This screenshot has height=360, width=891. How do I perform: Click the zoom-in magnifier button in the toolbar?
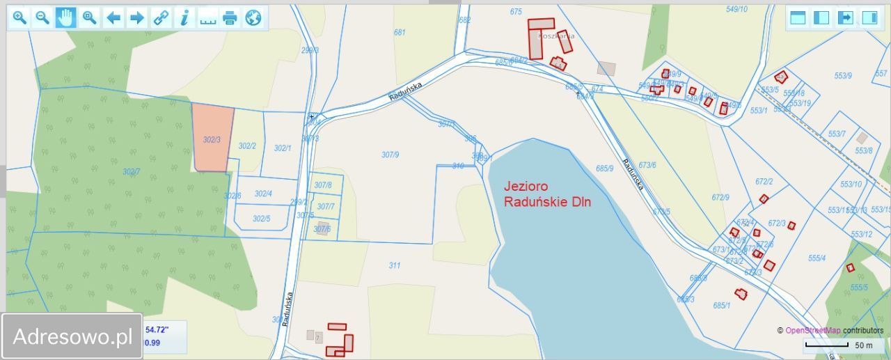19,18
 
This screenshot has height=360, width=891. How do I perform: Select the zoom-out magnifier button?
42,18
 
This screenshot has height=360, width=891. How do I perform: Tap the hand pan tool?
66,18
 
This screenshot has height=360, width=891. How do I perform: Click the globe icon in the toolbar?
253,18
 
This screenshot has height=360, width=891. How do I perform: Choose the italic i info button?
184,18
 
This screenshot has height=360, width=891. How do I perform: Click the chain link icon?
161,18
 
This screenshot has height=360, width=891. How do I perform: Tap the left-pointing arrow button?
113,18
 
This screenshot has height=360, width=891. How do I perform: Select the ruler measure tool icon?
207,18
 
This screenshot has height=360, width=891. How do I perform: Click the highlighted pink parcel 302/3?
212,138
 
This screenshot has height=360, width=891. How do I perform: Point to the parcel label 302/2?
247,146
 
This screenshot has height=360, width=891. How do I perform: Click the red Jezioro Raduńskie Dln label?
547,194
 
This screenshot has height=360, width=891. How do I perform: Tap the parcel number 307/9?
391,155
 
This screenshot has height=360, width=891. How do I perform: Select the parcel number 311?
395,265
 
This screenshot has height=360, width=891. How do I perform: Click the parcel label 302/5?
261,219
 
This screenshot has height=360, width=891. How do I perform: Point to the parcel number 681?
400,33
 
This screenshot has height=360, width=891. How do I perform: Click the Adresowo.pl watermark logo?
72,337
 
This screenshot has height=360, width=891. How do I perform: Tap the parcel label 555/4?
817,258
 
